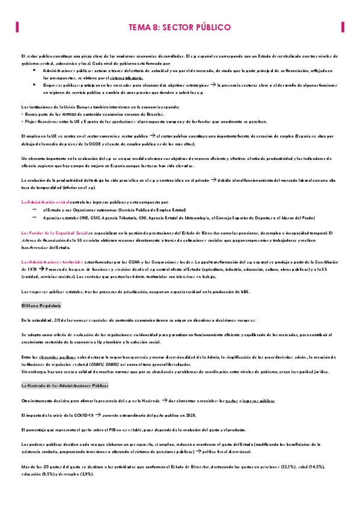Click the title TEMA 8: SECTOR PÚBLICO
tap(180, 27)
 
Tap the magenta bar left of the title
tap(16, 27)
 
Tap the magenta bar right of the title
tap(343, 27)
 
